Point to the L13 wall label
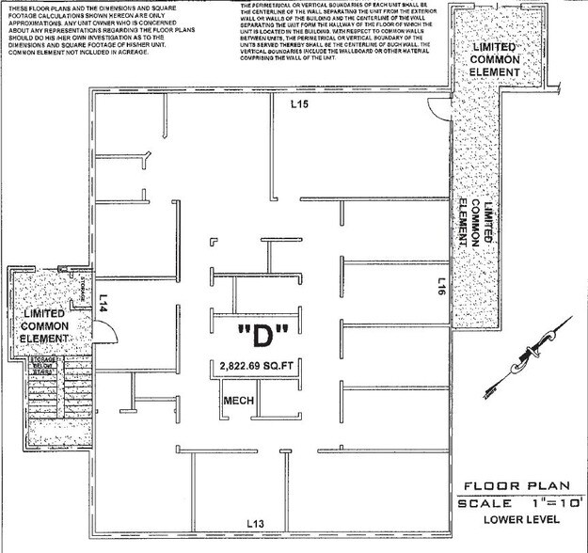coord(256,522)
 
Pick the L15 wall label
coord(299,103)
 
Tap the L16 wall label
coord(441,287)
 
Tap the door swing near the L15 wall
coord(430,105)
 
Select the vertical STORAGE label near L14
coord(82,285)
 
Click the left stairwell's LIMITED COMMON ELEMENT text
coord(45,324)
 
